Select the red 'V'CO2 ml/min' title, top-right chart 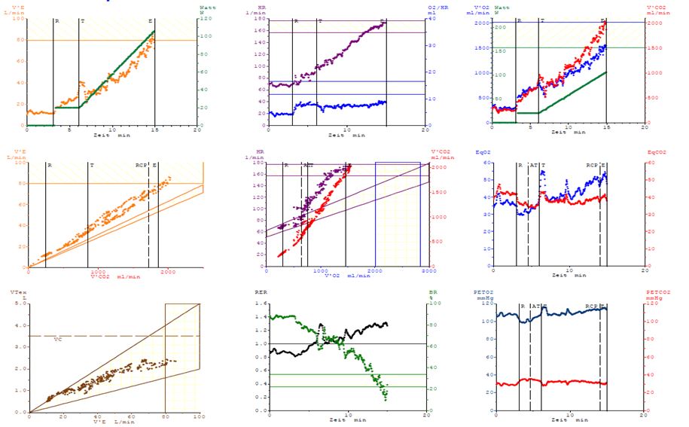(x=653, y=9)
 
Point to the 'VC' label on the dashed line (x=57, y=340)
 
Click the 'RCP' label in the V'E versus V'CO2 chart (x=141, y=165)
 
